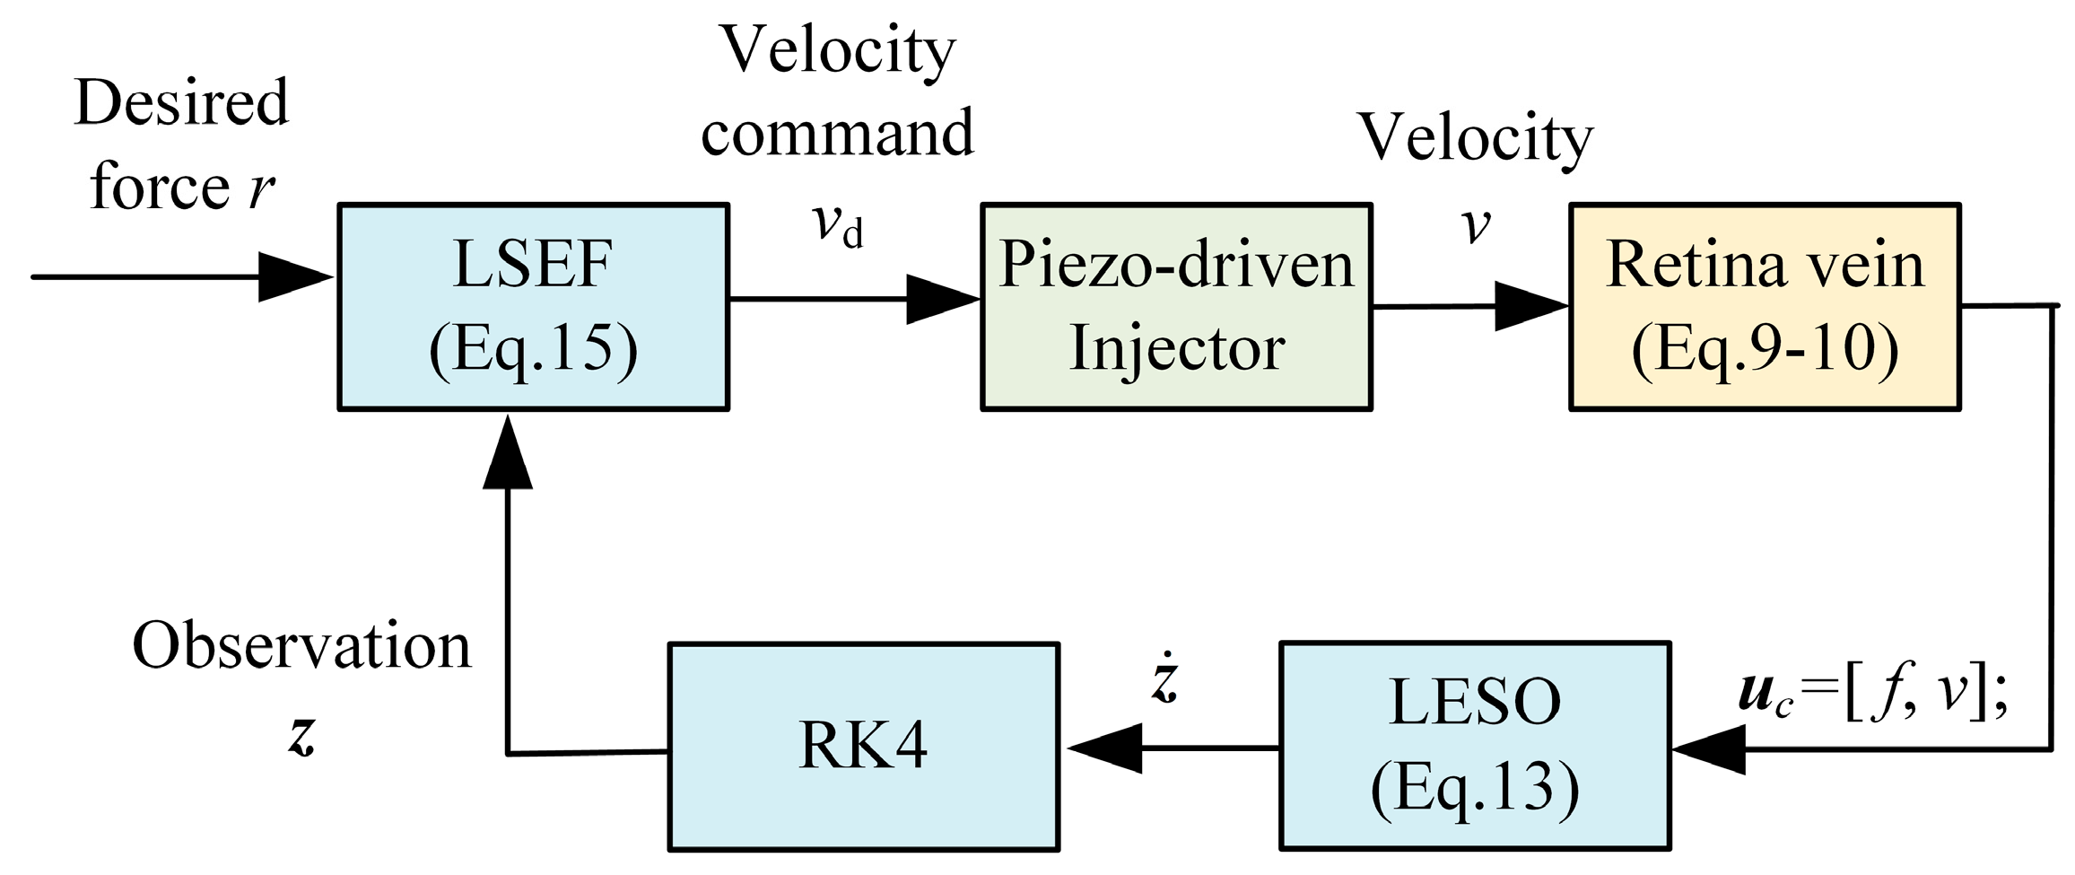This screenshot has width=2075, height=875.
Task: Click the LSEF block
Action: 533,307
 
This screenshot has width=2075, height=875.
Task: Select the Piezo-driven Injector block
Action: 1176,307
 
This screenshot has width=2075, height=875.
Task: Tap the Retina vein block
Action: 1765,307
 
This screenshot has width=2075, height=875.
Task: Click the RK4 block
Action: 864,746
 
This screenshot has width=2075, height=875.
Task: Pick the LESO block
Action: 1475,746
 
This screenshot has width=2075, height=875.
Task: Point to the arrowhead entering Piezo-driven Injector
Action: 940,300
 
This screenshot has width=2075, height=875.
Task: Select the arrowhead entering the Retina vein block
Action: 1529,306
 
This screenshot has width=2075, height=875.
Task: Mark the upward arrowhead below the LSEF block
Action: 508,453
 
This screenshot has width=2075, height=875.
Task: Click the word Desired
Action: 182,103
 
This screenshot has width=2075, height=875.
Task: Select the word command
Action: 836,133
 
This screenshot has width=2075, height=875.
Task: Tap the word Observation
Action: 301,646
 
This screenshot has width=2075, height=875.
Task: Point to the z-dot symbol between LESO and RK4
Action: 1164,682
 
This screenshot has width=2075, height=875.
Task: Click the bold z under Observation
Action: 302,738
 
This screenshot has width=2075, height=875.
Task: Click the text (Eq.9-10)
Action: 1765,348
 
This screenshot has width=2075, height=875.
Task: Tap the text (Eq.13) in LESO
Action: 1475,788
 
